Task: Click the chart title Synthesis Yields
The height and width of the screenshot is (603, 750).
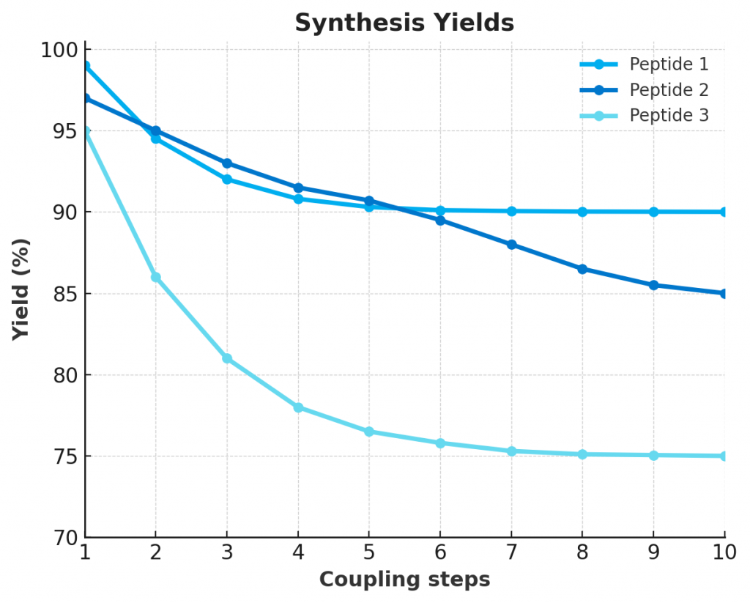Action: pos(404,23)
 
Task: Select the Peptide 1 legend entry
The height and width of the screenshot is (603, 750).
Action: pos(669,64)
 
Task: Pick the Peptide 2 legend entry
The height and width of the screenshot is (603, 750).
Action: pos(669,90)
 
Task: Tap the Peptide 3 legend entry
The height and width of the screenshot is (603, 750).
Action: pos(669,116)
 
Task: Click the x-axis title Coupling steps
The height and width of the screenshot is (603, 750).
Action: pos(404,580)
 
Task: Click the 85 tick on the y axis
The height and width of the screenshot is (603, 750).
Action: pos(64,294)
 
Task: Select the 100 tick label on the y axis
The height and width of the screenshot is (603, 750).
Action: pos(59,50)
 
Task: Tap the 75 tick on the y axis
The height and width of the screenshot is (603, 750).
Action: pos(64,456)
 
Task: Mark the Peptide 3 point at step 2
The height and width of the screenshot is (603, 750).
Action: pos(155,277)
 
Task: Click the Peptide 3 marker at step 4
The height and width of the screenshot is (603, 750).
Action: pos(298,407)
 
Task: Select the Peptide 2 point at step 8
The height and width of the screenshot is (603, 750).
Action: pos(582,269)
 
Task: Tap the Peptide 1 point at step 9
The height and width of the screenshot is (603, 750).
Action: pos(653,212)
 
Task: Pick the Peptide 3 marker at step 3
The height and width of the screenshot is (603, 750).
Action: pos(227,358)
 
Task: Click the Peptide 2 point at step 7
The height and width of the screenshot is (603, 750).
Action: pos(511,245)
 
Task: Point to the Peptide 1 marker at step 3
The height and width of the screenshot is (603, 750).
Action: pos(227,180)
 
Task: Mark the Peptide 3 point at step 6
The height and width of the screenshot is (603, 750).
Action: pos(440,443)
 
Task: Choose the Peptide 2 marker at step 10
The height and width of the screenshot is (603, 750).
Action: pos(724,294)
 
